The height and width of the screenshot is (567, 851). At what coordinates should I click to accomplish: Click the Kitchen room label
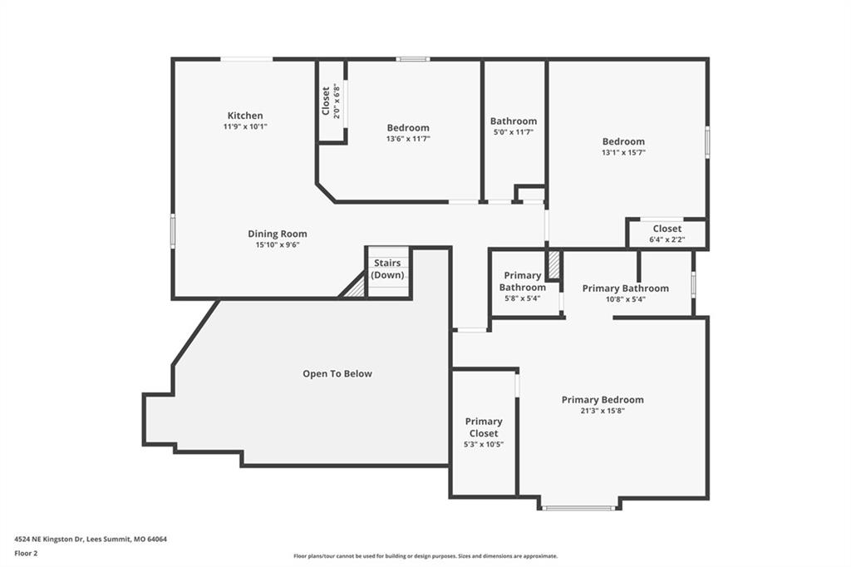click(245, 115)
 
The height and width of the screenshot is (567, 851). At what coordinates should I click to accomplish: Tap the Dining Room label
click(278, 234)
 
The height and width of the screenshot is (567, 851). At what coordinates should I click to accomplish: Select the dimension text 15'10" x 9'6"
click(278, 245)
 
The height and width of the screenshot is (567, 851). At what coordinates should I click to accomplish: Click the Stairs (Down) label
click(387, 269)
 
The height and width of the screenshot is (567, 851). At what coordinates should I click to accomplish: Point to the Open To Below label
click(337, 373)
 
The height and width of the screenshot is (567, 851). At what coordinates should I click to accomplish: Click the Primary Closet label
click(484, 426)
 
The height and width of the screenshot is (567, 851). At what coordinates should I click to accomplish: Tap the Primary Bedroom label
click(603, 400)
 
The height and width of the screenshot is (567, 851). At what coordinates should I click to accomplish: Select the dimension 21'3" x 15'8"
click(603, 412)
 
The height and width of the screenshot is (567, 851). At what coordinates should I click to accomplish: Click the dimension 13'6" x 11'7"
click(408, 139)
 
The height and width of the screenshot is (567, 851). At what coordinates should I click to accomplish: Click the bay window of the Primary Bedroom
click(579, 508)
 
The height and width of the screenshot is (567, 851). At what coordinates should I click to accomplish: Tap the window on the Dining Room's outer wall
click(173, 231)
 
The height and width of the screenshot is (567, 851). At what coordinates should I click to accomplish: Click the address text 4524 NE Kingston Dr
click(48, 540)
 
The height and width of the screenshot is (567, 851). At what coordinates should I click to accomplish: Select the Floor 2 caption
click(26, 554)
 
